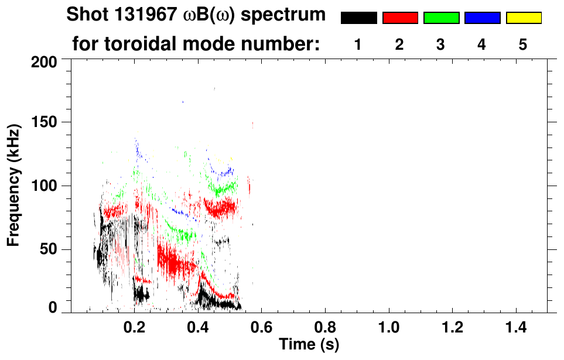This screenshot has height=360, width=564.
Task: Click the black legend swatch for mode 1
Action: (358, 18)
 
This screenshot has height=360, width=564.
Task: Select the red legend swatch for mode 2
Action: (400, 18)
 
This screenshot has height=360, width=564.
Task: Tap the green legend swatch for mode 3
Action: (441, 18)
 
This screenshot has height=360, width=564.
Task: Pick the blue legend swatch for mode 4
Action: (482, 18)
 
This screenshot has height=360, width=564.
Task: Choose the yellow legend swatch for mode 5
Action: (524, 18)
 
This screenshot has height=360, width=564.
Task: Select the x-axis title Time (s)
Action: (309, 344)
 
